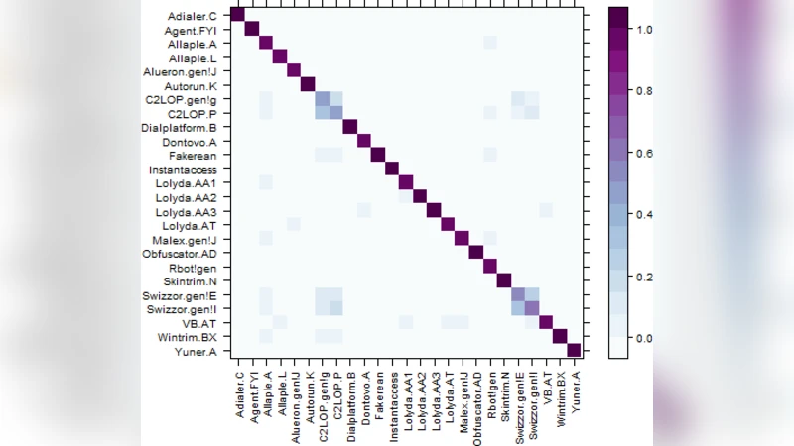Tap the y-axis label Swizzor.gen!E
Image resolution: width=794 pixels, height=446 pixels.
tap(192, 295)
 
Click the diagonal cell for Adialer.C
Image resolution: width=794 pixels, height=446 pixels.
tap(237, 13)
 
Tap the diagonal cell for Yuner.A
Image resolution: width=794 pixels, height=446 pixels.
tap(574, 350)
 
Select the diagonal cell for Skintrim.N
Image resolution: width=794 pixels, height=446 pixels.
tap(503, 280)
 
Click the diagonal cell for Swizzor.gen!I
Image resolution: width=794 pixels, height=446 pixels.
tap(532, 308)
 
